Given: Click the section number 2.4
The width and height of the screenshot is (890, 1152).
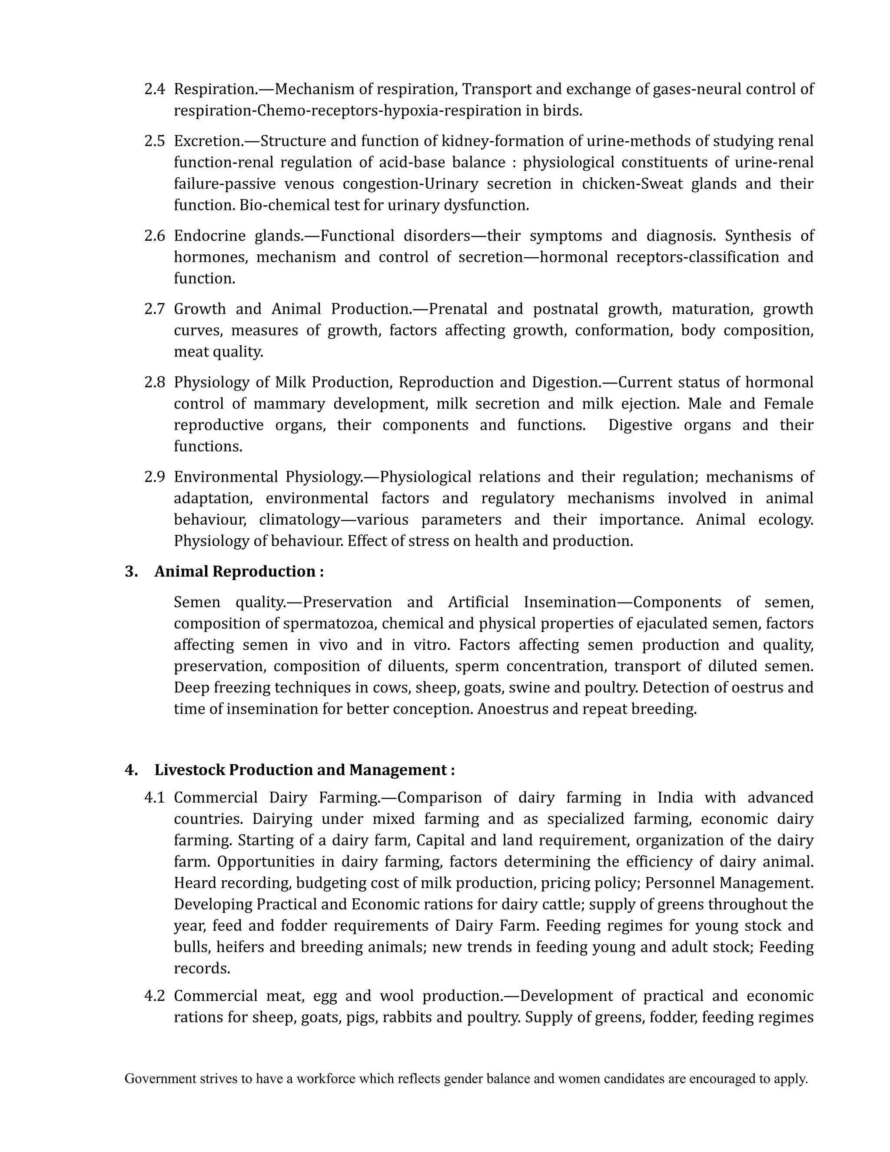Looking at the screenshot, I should click(154, 89).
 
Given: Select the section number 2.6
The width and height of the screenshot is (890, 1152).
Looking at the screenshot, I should click(154, 236).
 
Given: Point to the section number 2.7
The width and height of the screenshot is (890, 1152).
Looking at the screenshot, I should click(154, 309).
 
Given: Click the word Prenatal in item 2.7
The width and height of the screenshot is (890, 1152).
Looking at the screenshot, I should click(458, 309).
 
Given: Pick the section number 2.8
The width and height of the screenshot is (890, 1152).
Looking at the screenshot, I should click(154, 383).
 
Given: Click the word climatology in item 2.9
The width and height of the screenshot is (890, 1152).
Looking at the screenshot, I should click(299, 520).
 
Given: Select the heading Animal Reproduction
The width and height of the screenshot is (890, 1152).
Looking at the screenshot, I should click(238, 572).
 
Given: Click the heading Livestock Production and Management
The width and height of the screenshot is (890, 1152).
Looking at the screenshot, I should click(304, 770).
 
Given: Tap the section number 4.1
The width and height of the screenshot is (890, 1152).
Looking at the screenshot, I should click(154, 798).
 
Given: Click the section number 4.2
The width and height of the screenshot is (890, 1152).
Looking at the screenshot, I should click(154, 996).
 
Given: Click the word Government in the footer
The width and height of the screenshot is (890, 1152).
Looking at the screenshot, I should click(160, 1079).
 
